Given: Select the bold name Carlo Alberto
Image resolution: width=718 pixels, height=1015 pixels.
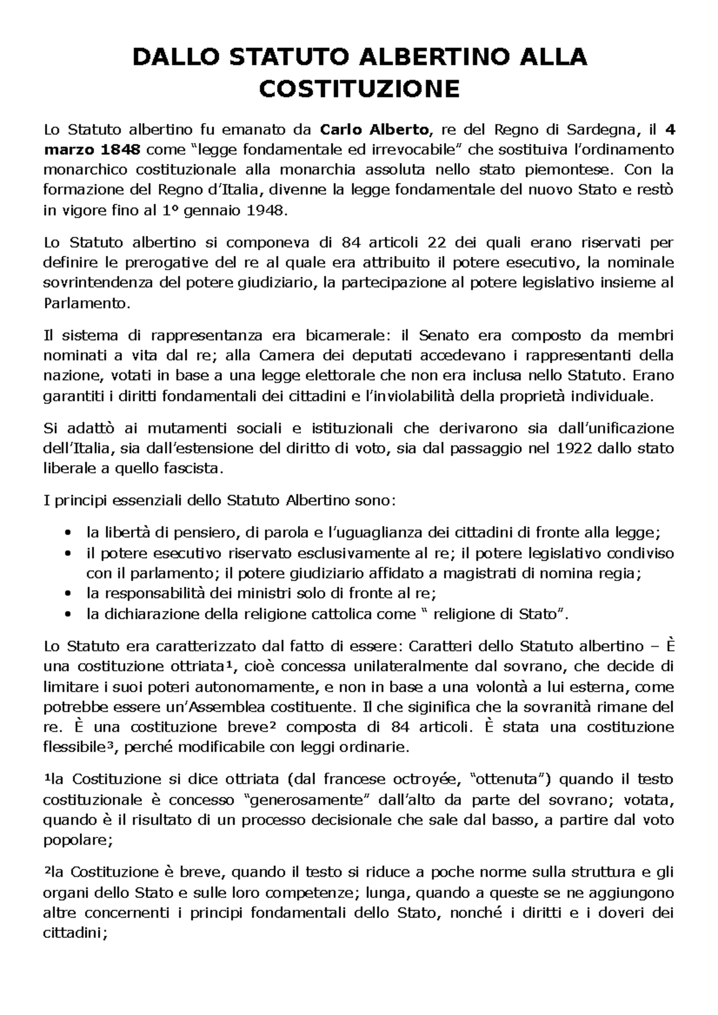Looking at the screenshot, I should click(x=375, y=129).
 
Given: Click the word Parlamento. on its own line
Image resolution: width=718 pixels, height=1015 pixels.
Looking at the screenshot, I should click(x=87, y=304).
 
